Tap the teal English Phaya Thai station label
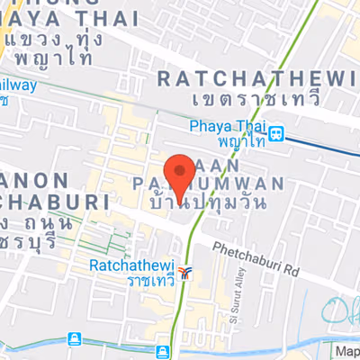[x=227, y=127]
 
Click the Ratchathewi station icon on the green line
[x=184, y=271]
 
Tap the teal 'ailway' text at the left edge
[x=20, y=86]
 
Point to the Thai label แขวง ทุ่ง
[x=59, y=40]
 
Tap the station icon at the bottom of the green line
[x=162, y=351]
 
